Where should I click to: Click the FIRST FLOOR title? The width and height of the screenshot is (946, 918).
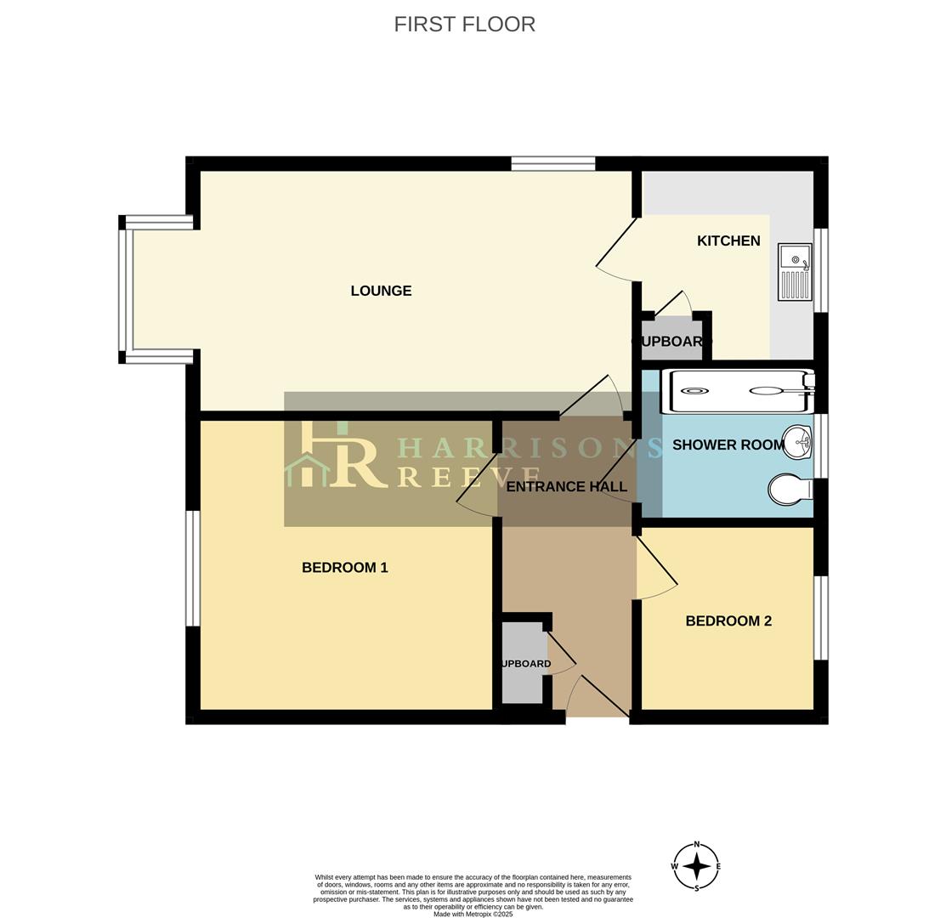pyautogui.click(x=464, y=25)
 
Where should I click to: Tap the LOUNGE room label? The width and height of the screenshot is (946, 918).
pyautogui.click(x=381, y=291)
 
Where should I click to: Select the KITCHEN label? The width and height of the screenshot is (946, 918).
pyautogui.click(x=728, y=241)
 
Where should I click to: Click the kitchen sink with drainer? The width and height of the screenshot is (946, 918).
pyautogui.click(x=795, y=272)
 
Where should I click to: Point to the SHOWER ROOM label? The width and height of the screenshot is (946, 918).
pyautogui.click(x=728, y=445)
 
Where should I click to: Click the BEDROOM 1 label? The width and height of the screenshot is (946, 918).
pyautogui.click(x=344, y=568)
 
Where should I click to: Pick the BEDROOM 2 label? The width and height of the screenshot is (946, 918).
pyautogui.click(x=728, y=621)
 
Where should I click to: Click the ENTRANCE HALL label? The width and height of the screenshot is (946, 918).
pyautogui.click(x=566, y=487)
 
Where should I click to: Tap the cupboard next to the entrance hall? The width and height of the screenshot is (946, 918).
pyautogui.click(x=522, y=663)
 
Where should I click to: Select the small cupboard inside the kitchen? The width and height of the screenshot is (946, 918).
pyautogui.click(x=671, y=339)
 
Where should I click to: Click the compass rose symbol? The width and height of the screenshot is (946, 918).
pyautogui.click(x=696, y=866)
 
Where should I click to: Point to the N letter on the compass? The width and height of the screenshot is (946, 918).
pyautogui.click(x=696, y=844)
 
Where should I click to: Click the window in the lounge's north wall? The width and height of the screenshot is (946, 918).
pyautogui.click(x=552, y=164)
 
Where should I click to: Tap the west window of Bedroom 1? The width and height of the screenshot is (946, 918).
pyautogui.click(x=193, y=568)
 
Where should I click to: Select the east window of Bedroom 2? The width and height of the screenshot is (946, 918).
pyautogui.click(x=820, y=618)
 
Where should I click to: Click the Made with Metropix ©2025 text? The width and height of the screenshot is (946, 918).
pyautogui.click(x=473, y=914)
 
